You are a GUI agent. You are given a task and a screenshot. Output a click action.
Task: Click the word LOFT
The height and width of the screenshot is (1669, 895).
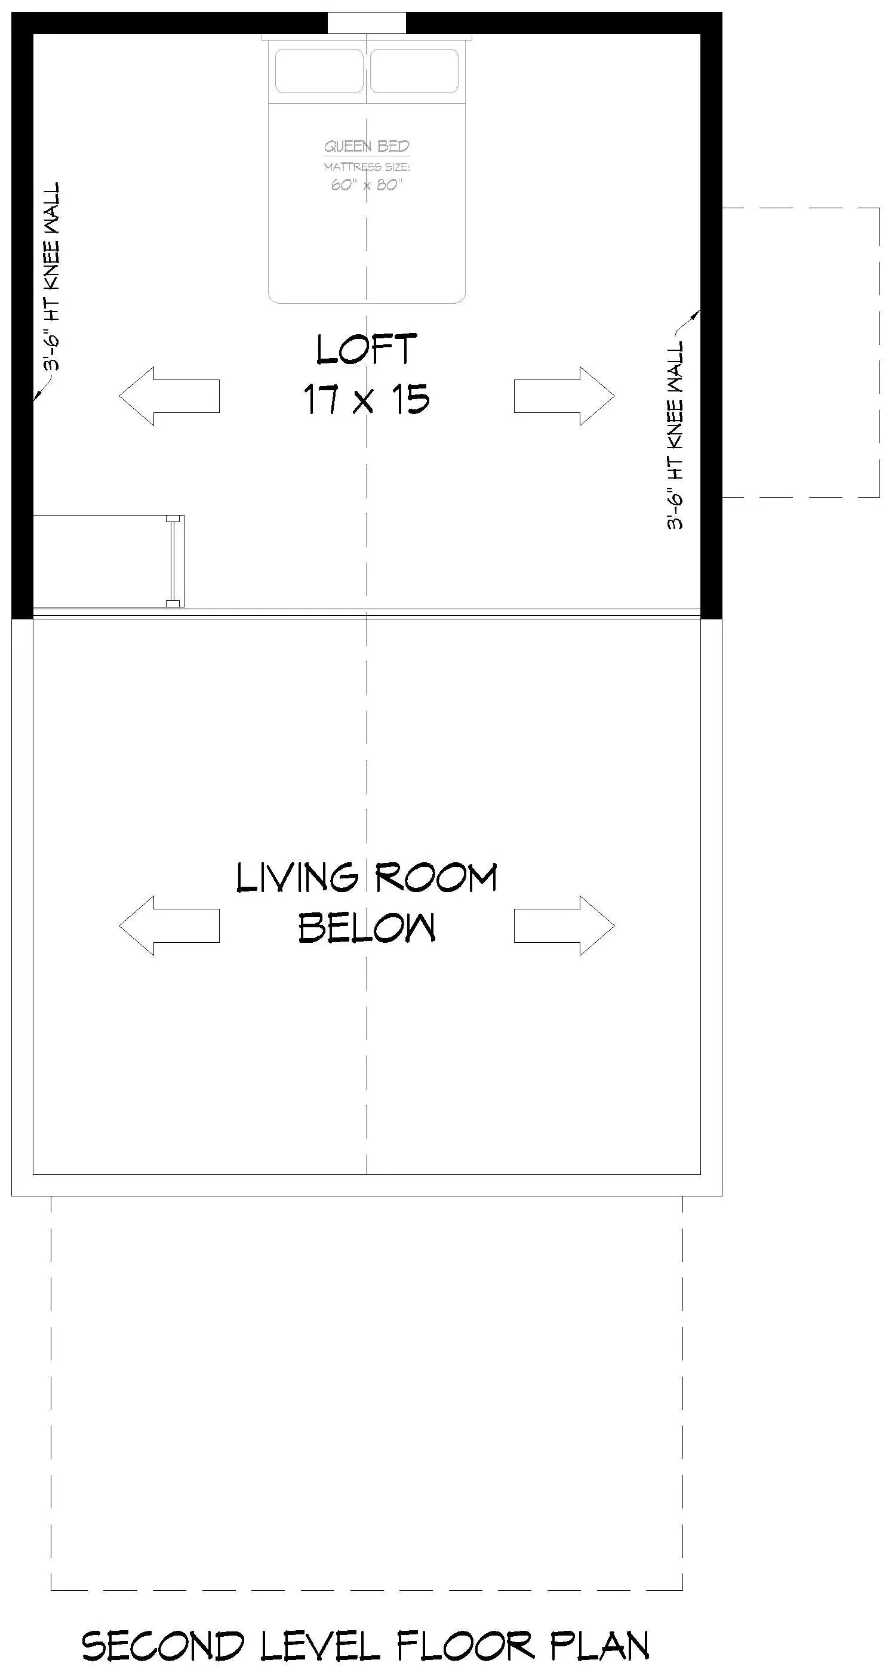pyautogui.click(x=366, y=350)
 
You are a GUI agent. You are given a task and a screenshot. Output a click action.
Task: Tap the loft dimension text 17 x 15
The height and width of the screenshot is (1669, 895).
pyautogui.click(x=366, y=399)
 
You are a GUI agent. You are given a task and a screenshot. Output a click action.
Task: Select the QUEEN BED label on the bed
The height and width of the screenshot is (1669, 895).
pyautogui.click(x=367, y=146)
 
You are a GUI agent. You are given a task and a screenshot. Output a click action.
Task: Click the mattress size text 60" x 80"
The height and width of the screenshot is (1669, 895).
pyautogui.click(x=367, y=186)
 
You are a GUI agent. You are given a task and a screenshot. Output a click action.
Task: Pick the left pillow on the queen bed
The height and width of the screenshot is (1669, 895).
pyautogui.click(x=319, y=70)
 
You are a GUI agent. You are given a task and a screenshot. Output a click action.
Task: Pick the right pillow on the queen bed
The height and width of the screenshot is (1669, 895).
pyautogui.click(x=414, y=70)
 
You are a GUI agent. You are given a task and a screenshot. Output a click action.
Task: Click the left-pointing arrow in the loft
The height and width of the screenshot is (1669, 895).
pyautogui.click(x=169, y=396)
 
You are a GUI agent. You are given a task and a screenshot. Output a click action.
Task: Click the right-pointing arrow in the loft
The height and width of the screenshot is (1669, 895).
pyautogui.click(x=564, y=396)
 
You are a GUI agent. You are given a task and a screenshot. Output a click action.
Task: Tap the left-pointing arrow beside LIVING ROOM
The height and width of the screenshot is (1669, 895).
pyautogui.click(x=169, y=926)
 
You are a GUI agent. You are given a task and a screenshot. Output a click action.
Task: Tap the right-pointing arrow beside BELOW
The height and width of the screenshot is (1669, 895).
pyautogui.click(x=564, y=926)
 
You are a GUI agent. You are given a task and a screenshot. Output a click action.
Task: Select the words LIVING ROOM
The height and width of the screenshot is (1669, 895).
pyautogui.click(x=366, y=878)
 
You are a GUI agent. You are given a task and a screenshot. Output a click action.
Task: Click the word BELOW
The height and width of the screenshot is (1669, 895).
pyautogui.click(x=366, y=928)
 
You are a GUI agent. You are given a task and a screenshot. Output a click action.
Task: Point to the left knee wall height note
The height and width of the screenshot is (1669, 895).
pyautogui.click(x=52, y=275)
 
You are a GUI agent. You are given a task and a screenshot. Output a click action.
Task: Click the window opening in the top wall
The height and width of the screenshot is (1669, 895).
pyautogui.click(x=367, y=23)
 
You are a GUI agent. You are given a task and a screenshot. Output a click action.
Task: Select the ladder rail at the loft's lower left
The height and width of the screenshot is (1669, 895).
pyautogui.click(x=173, y=561)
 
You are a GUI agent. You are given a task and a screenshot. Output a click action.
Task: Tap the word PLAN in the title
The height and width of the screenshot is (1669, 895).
pyautogui.click(x=599, y=1646)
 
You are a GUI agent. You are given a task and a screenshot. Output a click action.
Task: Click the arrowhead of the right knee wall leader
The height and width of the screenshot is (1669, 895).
pyautogui.click(x=697, y=314)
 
